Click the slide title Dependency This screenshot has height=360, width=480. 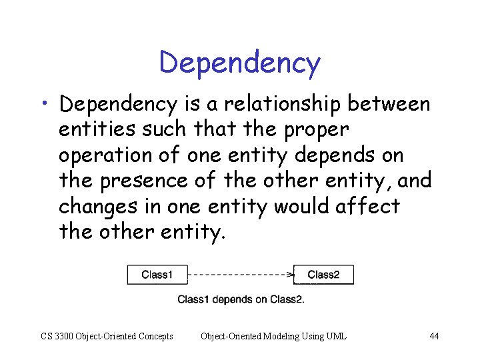click(240, 63)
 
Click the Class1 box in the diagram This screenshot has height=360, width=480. click(157, 275)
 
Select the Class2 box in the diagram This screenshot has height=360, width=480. click(323, 275)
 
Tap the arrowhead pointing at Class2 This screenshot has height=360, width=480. click(290, 274)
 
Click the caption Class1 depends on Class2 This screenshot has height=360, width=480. click(241, 299)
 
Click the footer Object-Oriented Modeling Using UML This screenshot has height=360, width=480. click(273, 336)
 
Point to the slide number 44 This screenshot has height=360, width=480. click(434, 336)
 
